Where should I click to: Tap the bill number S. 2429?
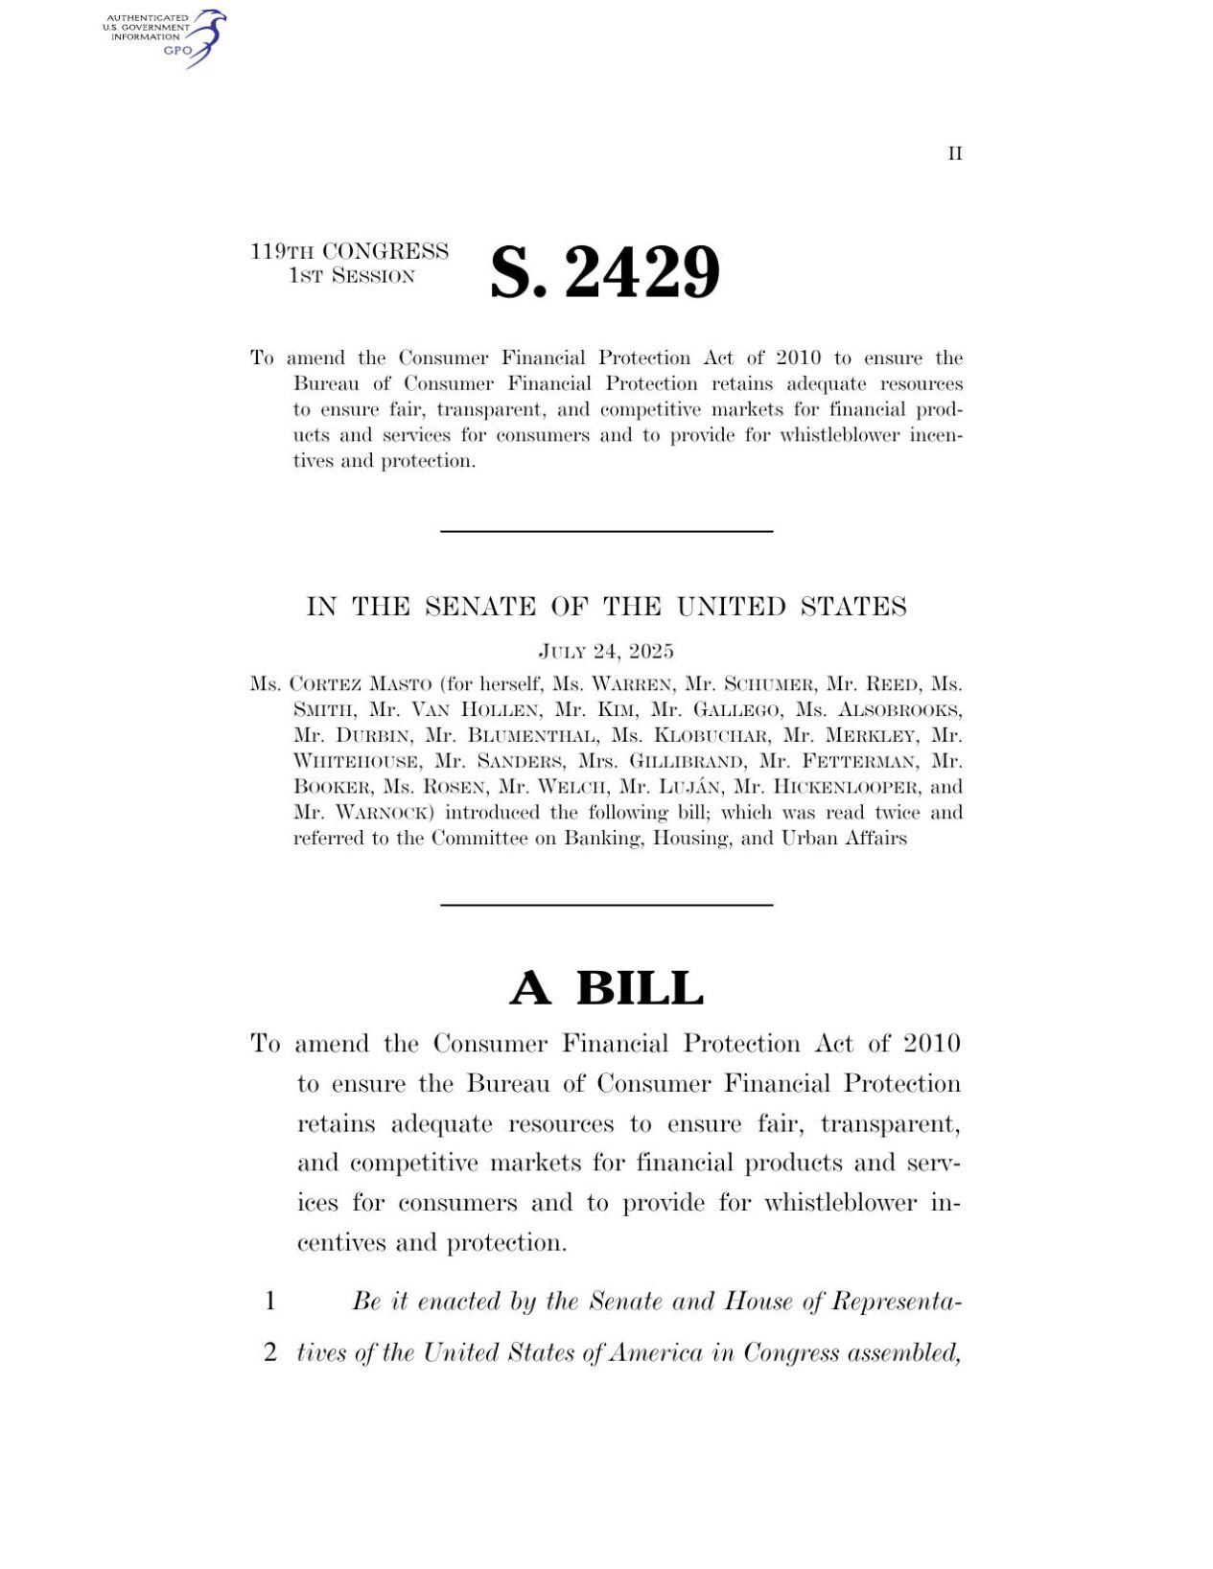coord(604,273)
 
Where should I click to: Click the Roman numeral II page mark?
coord(955,154)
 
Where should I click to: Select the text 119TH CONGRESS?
coord(349,251)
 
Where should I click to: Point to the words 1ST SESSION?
coord(351,277)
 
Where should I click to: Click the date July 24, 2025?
coord(606,652)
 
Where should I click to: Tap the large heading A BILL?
coord(606,988)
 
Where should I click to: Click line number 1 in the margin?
coord(270,1301)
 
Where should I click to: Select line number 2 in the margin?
coord(270,1352)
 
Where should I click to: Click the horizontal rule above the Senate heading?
coord(606,531)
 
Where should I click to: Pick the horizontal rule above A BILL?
coord(606,905)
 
